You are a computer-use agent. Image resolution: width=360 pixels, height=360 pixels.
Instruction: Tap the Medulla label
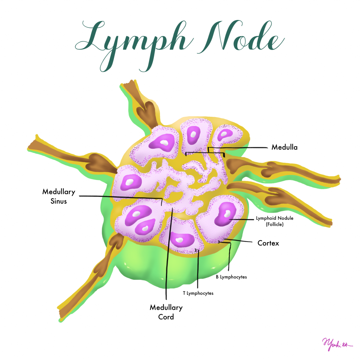[284, 147]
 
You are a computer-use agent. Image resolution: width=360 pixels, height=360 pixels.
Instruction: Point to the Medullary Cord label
[166, 312]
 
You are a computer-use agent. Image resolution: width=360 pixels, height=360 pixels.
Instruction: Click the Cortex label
[268, 243]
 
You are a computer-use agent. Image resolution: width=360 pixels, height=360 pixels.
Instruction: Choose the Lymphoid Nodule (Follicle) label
[275, 220]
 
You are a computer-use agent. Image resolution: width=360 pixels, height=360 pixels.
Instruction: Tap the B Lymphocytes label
[231, 277]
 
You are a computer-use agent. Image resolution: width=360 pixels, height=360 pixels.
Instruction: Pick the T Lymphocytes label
[198, 293]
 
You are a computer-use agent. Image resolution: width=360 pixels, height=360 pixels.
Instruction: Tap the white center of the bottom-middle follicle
[180, 240]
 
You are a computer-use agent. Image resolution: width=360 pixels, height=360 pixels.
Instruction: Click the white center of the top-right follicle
[224, 134]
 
